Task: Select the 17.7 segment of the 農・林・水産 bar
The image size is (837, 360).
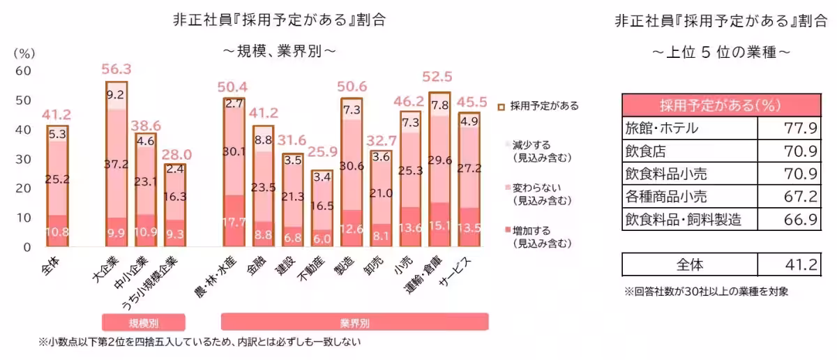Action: [234, 223]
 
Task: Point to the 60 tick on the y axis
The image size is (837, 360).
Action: [23, 70]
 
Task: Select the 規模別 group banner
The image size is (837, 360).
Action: [144, 323]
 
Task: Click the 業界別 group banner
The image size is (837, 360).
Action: [354, 323]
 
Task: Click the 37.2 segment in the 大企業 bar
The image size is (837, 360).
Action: [116, 163]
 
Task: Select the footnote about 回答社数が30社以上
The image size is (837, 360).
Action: [706, 292]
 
